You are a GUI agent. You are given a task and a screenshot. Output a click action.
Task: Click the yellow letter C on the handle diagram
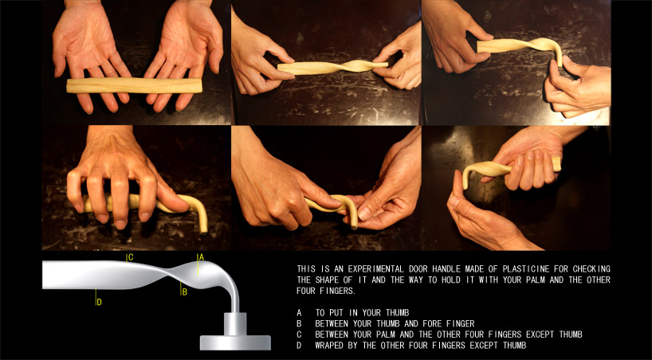coord(131,257)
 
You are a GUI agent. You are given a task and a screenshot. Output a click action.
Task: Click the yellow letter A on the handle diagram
coord(201,257)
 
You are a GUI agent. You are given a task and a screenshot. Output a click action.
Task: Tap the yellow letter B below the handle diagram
coord(185,292)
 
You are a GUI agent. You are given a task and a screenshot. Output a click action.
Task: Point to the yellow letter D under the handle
coord(99,302)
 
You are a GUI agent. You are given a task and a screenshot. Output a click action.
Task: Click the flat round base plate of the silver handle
coord(235,342)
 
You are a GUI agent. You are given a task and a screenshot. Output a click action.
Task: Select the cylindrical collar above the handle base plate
coord(235,324)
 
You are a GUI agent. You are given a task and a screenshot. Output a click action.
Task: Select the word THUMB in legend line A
coord(397,313)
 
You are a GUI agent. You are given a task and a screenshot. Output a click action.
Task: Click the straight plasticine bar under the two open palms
coord(135,85)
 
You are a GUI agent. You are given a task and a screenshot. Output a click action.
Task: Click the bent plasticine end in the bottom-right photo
coord(466,175)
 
